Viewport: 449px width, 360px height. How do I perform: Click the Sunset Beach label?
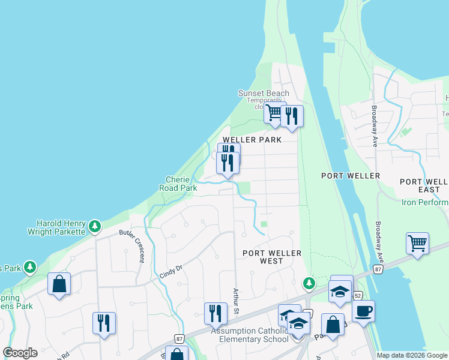(264, 93)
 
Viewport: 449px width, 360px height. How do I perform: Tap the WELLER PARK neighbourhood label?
(252, 140)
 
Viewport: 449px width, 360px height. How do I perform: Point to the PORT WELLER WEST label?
(272, 257)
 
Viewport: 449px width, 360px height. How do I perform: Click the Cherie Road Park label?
(178, 184)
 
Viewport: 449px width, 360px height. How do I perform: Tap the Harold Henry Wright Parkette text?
(58, 226)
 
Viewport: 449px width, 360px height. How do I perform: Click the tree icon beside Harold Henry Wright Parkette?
(94, 226)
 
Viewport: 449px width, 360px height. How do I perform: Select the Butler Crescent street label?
(132, 245)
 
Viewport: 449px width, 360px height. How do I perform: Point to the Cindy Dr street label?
(170, 267)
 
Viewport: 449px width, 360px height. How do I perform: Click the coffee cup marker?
(363, 311)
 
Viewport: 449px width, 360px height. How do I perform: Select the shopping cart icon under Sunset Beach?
(274, 113)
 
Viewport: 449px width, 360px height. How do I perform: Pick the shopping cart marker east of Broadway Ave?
(417, 243)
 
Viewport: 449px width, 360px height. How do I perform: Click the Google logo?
(21, 353)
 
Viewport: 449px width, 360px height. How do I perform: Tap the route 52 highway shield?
(358, 296)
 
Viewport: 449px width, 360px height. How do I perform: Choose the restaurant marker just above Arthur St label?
(215, 313)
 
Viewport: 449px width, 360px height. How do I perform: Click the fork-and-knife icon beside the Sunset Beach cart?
(292, 116)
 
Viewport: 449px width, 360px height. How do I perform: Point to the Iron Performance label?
(425, 202)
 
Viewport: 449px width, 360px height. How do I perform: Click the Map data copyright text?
(412, 355)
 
